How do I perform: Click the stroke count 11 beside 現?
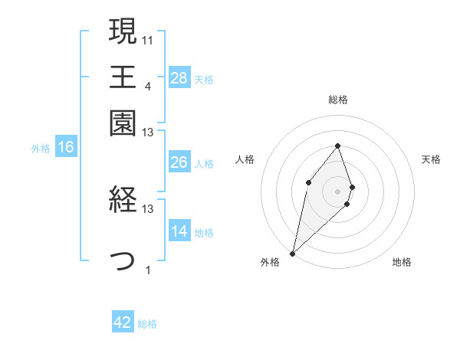[148, 39]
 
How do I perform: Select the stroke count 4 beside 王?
[147, 86]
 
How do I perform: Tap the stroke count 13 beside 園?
[148, 133]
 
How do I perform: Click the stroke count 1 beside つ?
[147, 270]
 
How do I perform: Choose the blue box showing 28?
[179, 77]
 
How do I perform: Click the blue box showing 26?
[179, 162]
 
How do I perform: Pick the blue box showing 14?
[179, 231]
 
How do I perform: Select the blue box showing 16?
[66, 147]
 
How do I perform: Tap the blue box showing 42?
[123, 322]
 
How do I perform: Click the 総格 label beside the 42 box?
[147, 324]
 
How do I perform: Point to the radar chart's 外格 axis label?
[270, 263]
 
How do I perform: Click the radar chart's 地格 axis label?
[402, 263]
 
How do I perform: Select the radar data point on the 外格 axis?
[292, 253]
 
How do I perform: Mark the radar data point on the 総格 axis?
[337, 146]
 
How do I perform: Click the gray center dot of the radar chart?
[337, 191]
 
